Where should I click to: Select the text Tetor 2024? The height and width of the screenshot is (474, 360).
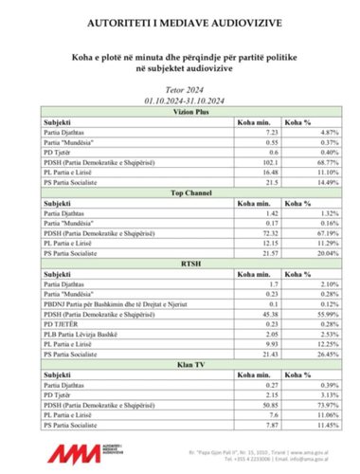pyautogui.click(x=179, y=87)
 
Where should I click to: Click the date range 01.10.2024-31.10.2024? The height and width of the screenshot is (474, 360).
pyautogui.click(x=179, y=98)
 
